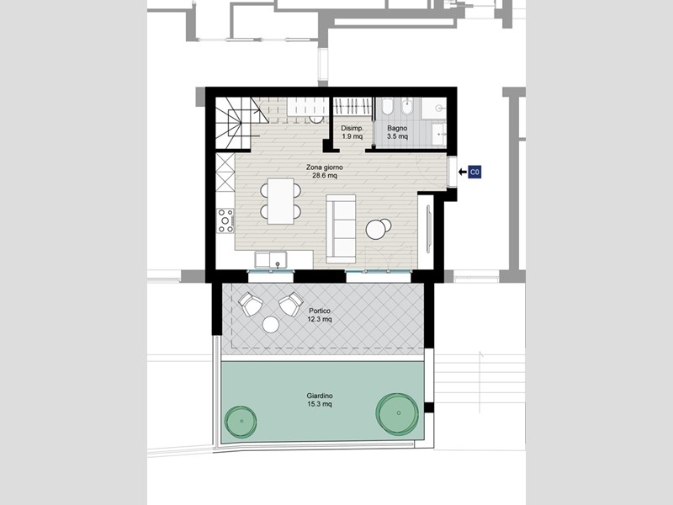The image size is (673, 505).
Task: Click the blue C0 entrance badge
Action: pyautogui.click(x=474, y=173)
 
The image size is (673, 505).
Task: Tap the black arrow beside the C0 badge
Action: pyautogui.click(x=462, y=173)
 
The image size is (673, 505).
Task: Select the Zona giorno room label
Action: pyautogui.click(x=325, y=172)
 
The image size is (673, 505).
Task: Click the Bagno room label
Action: pyautogui.click(x=397, y=132)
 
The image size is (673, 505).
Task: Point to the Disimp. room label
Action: pyautogui.click(x=352, y=132)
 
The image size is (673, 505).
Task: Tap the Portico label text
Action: pyautogui.click(x=320, y=315)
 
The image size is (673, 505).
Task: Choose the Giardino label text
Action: pyautogui.click(x=320, y=400)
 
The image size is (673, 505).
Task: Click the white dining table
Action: pyautogui.click(x=281, y=201)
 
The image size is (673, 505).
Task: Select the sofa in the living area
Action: pyautogui.click(x=341, y=228)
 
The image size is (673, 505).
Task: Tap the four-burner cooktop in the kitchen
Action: pyautogui.click(x=225, y=221)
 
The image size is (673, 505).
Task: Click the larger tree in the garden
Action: pyautogui.click(x=397, y=413)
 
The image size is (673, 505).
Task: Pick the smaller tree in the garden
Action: pyautogui.click(x=241, y=422)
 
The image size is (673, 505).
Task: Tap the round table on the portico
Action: pyautogui.click(x=271, y=325)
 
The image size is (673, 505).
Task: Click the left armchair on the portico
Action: pyautogui.click(x=250, y=304)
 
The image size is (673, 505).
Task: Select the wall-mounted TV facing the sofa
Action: pyautogui.click(x=428, y=229)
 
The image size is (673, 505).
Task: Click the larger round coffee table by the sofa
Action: pyautogui.click(x=375, y=230)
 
